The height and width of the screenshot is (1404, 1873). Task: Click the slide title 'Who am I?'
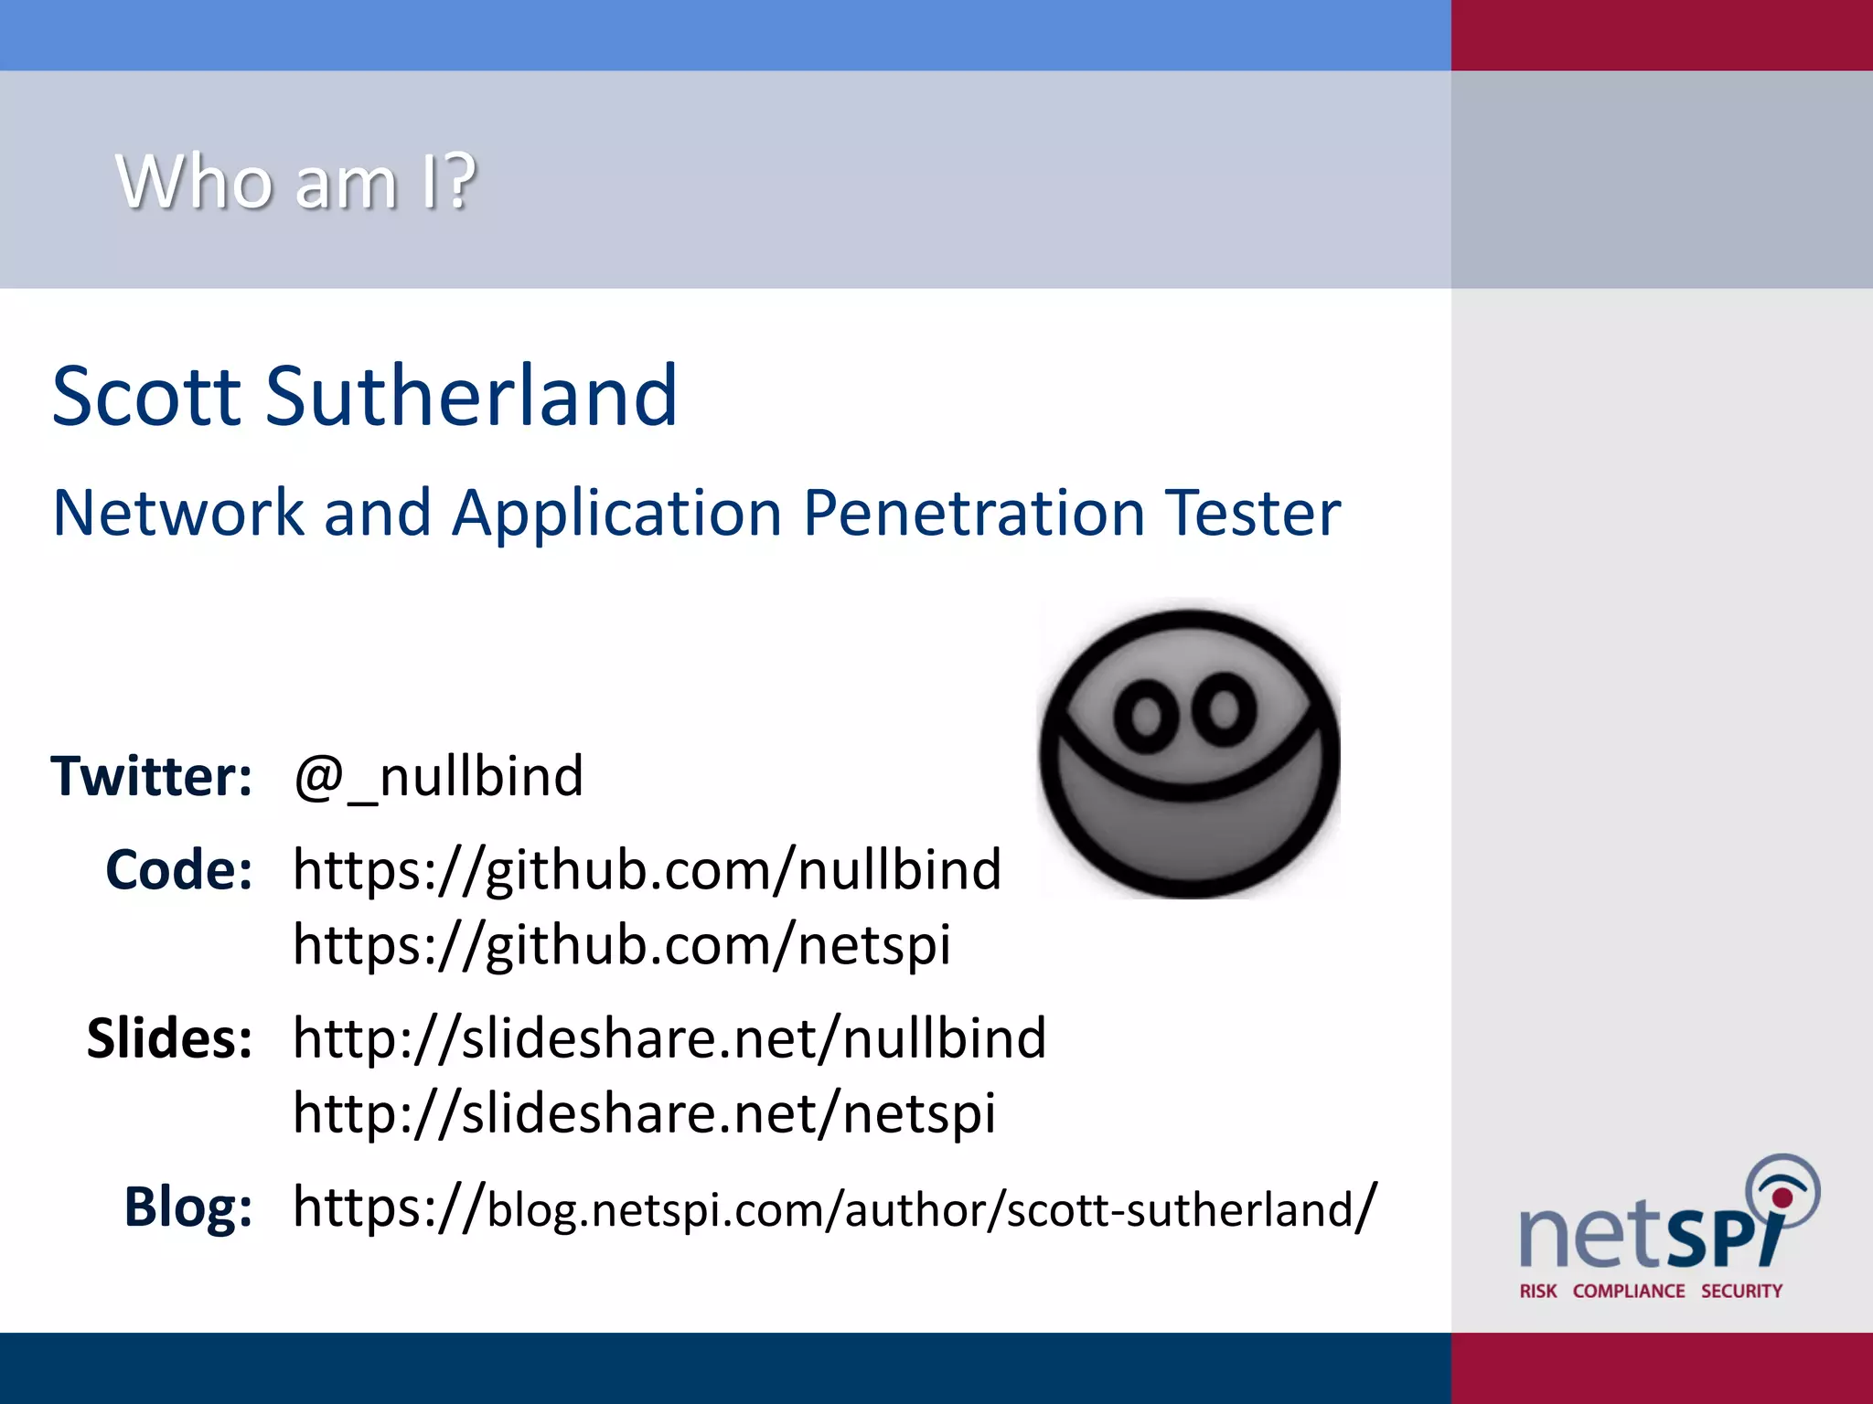click(x=295, y=181)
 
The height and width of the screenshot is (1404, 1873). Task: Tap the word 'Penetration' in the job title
click(x=973, y=513)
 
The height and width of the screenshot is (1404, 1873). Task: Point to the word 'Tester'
click(x=1252, y=513)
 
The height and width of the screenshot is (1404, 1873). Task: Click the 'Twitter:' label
click(x=152, y=777)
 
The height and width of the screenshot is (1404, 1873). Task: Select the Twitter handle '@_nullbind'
click(x=438, y=777)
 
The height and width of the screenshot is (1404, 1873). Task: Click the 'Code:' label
click(x=179, y=869)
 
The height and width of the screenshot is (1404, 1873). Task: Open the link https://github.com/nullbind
click(x=647, y=869)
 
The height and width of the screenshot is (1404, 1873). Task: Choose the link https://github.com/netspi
click(x=622, y=944)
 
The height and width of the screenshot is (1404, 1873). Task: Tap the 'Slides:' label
click(x=169, y=1038)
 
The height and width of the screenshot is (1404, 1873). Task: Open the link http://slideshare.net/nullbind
click(x=669, y=1038)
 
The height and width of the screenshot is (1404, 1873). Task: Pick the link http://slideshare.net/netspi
click(x=644, y=1113)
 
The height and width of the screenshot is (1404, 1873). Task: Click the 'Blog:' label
click(x=188, y=1207)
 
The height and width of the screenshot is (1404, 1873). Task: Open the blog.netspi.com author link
click(x=834, y=1208)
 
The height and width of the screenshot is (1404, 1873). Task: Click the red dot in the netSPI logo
click(x=1782, y=1197)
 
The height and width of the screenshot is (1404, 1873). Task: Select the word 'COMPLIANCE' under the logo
click(x=1628, y=1291)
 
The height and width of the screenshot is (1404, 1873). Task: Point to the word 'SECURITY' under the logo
click(x=1741, y=1291)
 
